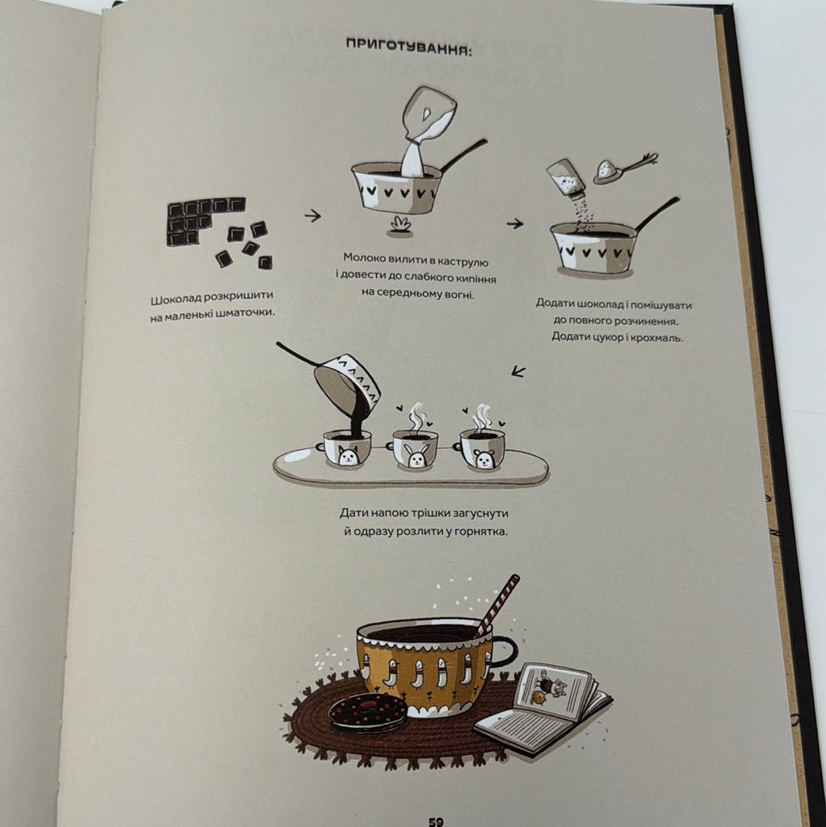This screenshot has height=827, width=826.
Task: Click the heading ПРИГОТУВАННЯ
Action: pyautogui.click(x=408, y=47)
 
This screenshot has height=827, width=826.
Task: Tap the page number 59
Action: pyautogui.click(x=435, y=821)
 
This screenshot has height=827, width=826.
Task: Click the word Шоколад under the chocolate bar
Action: pyautogui.click(x=177, y=300)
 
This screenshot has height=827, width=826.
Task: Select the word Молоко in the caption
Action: pyautogui.click(x=364, y=258)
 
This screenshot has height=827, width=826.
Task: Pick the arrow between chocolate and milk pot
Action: pyautogui.click(x=313, y=215)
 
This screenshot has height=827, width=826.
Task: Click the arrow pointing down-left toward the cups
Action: pyautogui.click(x=519, y=372)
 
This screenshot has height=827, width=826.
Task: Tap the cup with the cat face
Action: pyautogui.click(x=345, y=448)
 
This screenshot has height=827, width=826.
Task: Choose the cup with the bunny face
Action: pyautogui.click(x=415, y=449)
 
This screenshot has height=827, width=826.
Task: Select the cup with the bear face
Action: pyautogui.click(x=481, y=449)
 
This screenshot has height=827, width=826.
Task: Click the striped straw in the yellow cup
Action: pyautogui.click(x=497, y=606)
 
